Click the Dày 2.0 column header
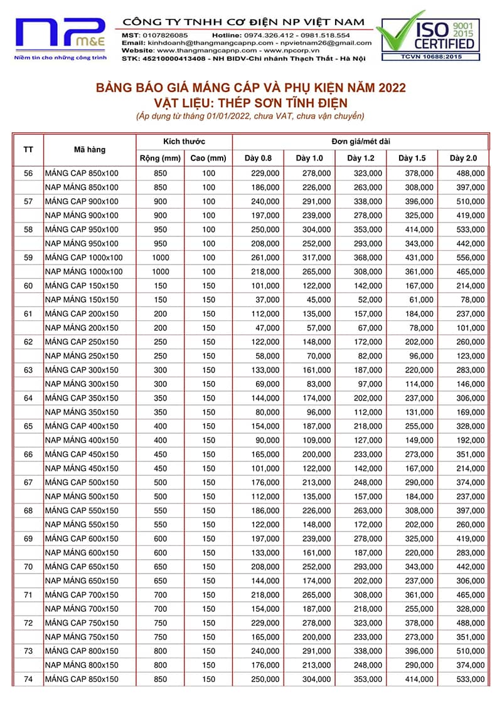click(463, 158)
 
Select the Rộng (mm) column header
click(160, 158)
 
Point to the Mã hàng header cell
click(90, 150)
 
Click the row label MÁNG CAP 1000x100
click(83, 258)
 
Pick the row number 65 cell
click(28, 426)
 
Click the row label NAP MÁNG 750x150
click(81, 637)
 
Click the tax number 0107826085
click(164, 34)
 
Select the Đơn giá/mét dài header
click(361, 142)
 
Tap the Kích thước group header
click(184, 142)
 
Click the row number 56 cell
click(28, 173)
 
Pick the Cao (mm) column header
click(208, 158)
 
